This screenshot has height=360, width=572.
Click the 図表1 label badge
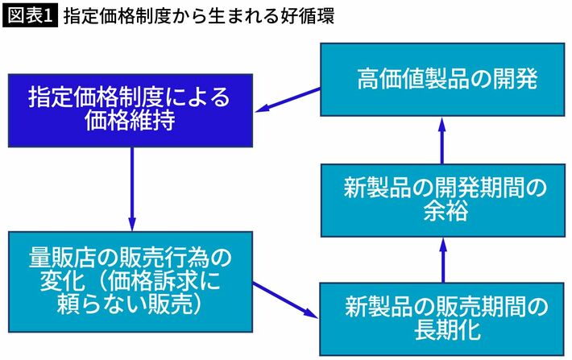pos(30,15)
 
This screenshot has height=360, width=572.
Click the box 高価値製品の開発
pos(442,79)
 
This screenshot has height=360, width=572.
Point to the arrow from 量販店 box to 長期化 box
pos(286,300)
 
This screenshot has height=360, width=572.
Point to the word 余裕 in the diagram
pos(442,214)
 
